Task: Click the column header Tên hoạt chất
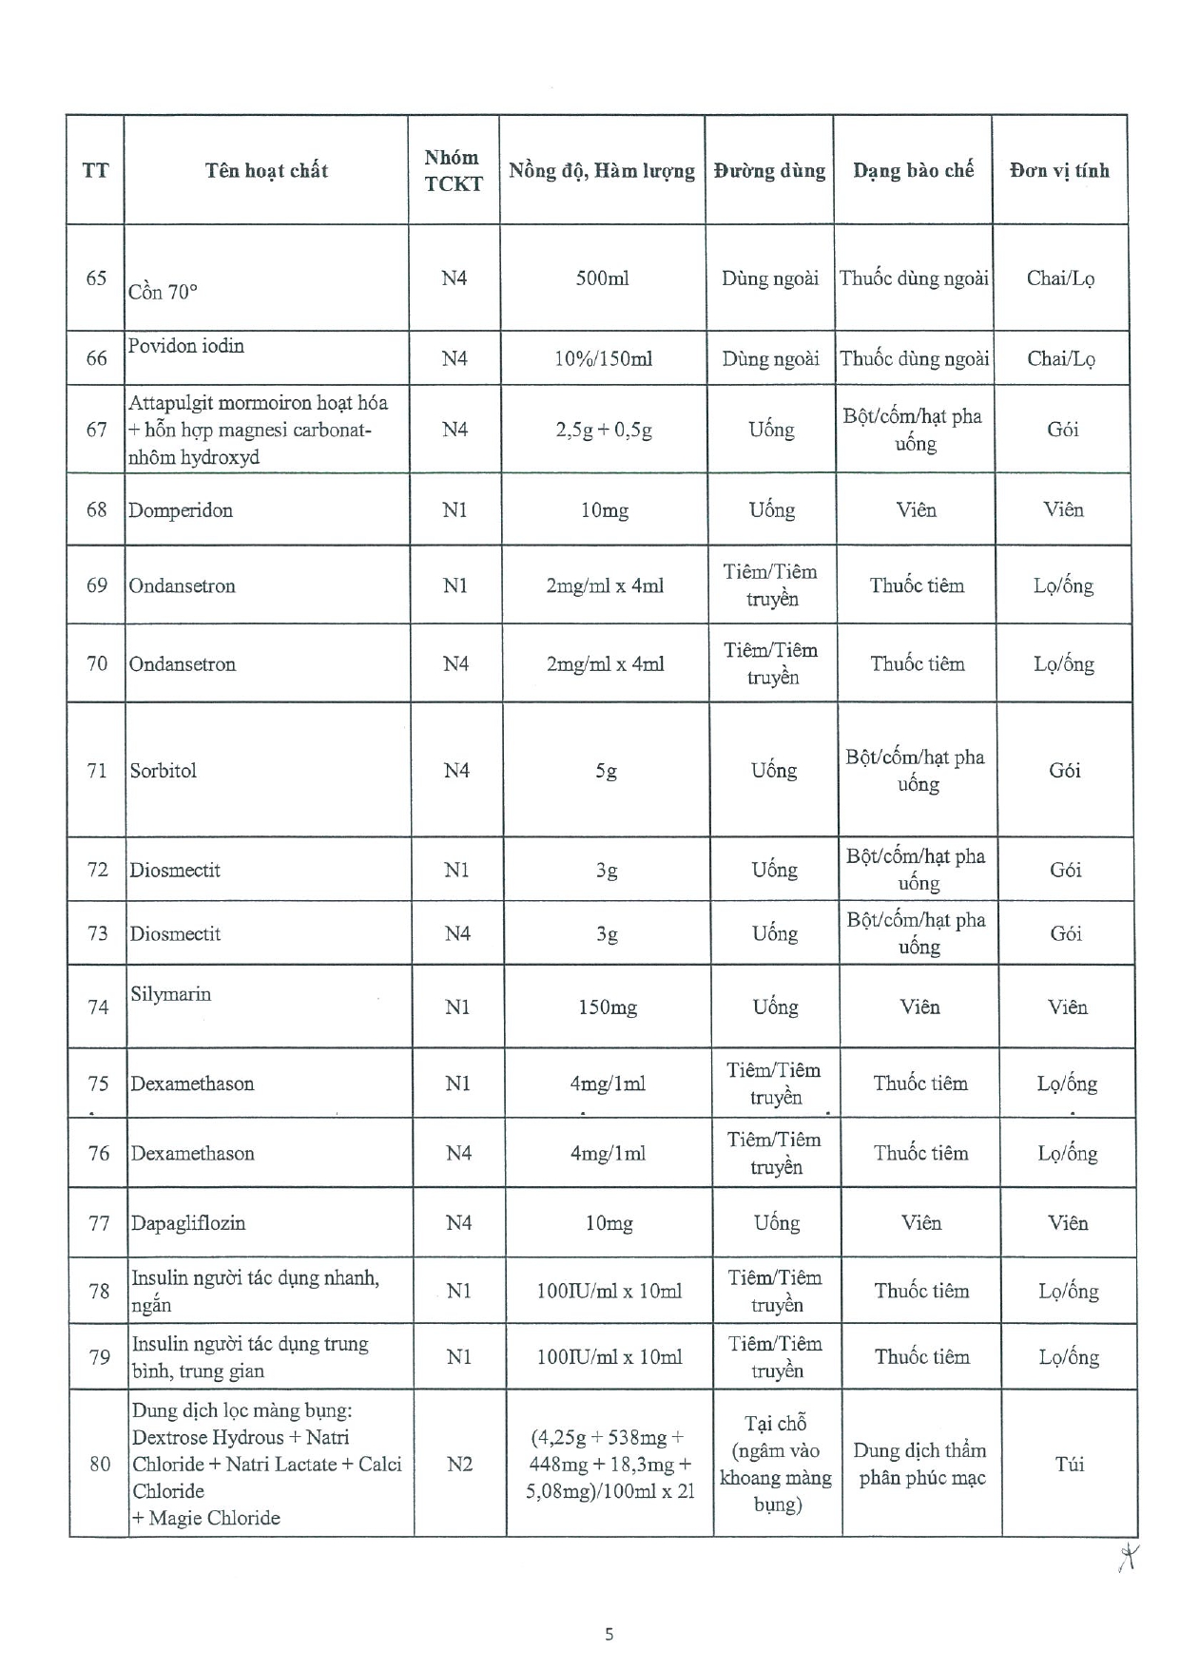(266, 171)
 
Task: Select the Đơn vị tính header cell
(1059, 171)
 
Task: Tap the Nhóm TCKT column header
(454, 171)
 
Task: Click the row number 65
(96, 278)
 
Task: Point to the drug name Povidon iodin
(186, 346)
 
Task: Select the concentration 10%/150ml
(603, 359)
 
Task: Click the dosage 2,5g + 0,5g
(604, 430)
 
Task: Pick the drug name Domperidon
(181, 510)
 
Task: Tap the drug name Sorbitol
(164, 771)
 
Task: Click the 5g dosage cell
(607, 771)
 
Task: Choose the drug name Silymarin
(171, 994)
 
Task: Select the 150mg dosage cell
(608, 1007)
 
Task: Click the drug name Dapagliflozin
(188, 1223)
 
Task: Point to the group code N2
(459, 1465)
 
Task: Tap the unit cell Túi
(1070, 1465)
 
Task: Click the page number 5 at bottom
(609, 1634)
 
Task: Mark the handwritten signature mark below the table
(1129, 1556)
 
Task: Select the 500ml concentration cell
(602, 278)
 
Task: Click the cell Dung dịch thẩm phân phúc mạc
(920, 1465)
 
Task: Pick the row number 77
(99, 1223)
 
